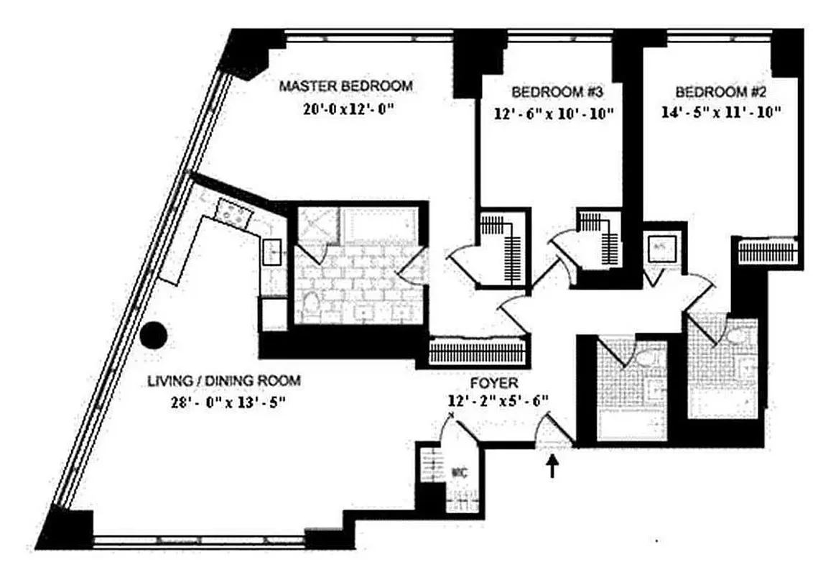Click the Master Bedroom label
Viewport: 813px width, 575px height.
(x=345, y=87)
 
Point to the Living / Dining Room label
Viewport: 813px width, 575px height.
(x=223, y=381)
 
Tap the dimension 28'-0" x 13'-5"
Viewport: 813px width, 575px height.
(x=224, y=402)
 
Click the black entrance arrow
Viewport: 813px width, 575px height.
(x=552, y=469)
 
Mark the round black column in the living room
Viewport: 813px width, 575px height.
(x=153, y=333)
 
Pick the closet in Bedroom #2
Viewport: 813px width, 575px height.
(x=768, y=252)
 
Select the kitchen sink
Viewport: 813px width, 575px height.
(x=274, y=252)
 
